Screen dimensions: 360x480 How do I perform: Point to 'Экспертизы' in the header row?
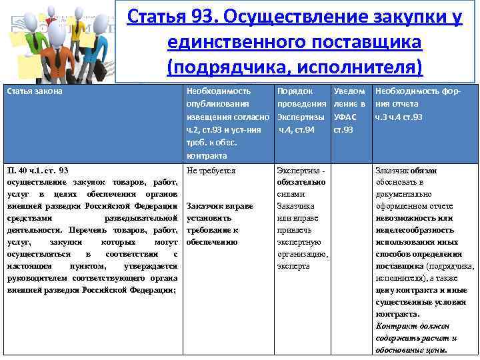299,117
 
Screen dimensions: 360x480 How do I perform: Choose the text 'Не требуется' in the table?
209,171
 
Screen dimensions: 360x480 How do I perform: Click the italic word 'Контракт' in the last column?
393,326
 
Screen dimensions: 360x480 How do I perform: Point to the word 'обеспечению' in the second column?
212,242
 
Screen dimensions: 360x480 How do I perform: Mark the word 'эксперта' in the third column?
293,266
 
